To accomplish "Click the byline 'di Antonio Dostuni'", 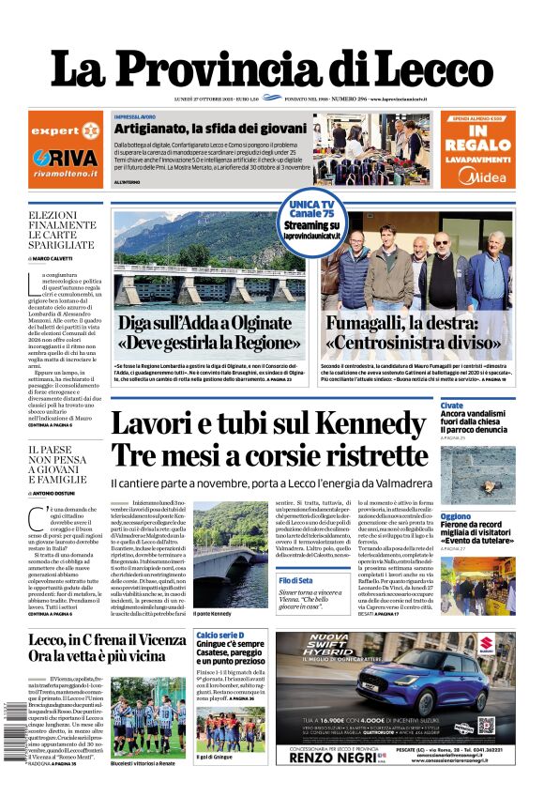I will tap(55, 493).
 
